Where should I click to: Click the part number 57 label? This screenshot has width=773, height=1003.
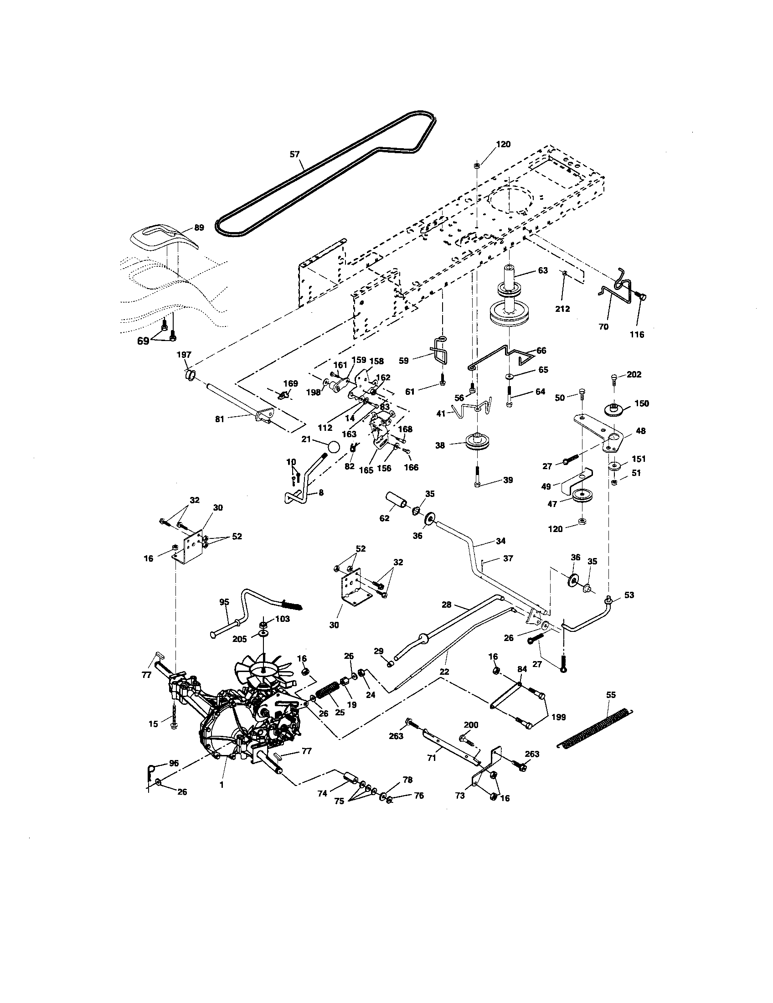pos(294,155)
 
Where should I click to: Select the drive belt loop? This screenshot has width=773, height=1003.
pos(321,177)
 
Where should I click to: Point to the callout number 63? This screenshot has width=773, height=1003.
pos(542,270)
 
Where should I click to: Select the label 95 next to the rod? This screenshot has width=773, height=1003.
pos(224,602)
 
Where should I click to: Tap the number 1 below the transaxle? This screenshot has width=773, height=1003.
pos(221,786)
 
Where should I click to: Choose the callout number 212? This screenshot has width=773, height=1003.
pos(562,309)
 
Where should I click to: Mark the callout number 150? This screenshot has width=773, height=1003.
pos(642,403)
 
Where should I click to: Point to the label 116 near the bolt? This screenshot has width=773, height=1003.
pos(637,335)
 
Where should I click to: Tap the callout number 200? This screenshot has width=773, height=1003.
pos(471,725)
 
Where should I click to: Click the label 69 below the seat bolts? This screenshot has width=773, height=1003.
pos(143,341)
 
